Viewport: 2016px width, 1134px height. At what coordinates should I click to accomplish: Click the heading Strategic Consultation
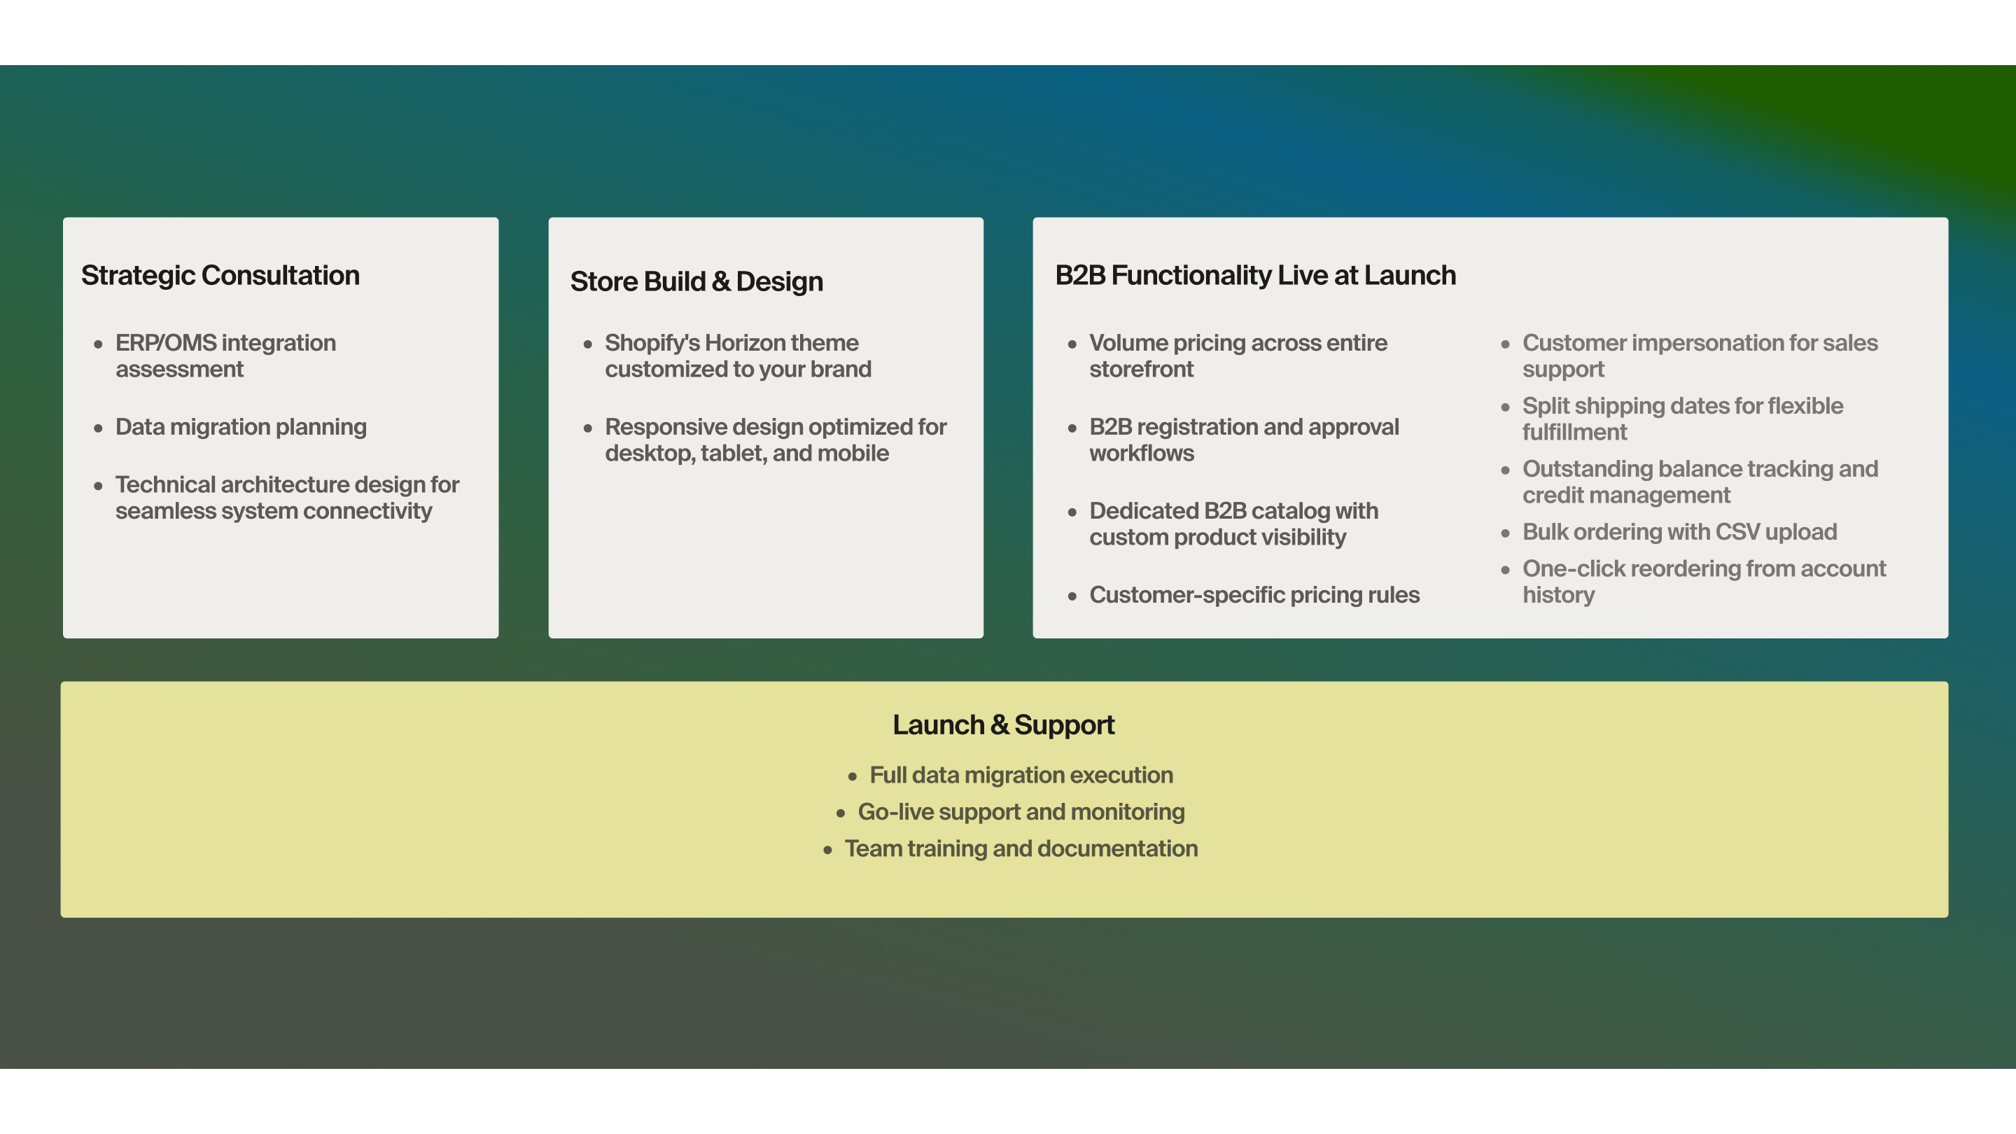[x=220, y=276]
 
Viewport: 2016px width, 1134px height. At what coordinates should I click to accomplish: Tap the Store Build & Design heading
[x=696, y=281]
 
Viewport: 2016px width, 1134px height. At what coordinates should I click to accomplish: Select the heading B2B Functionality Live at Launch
[x=1254, y=276]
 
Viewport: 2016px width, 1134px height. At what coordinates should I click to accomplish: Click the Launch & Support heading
[x=1002, y=724]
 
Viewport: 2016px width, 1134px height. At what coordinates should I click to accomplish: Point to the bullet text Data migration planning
[x=240, y=426]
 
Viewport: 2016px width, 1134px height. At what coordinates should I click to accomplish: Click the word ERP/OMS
[x=166, y=343]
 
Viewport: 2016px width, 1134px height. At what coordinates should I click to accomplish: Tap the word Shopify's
[x=652, y=343]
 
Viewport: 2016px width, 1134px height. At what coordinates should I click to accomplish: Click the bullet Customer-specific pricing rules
[x=1254, y=595]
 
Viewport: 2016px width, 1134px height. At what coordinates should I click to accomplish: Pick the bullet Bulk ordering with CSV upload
[x=1679, y=532]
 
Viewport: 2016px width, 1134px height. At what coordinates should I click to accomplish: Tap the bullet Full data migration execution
[x=1021, y=775]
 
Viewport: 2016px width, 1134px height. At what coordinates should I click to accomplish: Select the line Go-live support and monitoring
[x=1021, y=811]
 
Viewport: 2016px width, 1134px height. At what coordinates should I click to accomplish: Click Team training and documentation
[x=1021, y=848]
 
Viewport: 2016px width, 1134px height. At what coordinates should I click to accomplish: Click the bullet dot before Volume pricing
[x=1072, y=344]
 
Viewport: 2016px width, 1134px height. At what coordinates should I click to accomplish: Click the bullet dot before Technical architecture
[x=98, y=486]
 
